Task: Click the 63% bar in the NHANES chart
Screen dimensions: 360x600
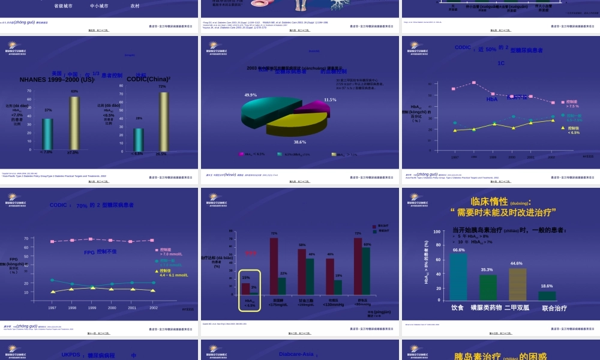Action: click(74, 123)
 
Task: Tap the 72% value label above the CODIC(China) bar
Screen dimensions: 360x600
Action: click(162, 86)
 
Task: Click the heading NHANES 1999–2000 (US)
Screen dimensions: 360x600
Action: click(57, 79)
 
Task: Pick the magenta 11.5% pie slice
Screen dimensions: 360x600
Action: click(310, 107)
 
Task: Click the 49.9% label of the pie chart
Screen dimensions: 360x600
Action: click(250, 95)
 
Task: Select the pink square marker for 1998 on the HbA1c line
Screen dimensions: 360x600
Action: click(474, 82)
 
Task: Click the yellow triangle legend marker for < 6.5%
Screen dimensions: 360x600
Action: click(562, 128)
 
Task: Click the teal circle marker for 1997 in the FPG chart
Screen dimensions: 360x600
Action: click(52, 280)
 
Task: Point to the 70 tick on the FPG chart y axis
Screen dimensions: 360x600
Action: click(26, 238)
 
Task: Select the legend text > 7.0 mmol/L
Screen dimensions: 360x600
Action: click(174, 254)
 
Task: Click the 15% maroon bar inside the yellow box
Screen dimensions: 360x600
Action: click(245, 288)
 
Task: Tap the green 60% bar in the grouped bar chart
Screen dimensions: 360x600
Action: click(366, 271)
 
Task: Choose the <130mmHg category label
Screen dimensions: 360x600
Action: click(335, 304)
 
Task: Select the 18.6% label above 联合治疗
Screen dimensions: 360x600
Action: click(547, 286)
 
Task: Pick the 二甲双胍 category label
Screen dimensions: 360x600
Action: click(517, 308)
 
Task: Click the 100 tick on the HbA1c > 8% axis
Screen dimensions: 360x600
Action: click(437, 232)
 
